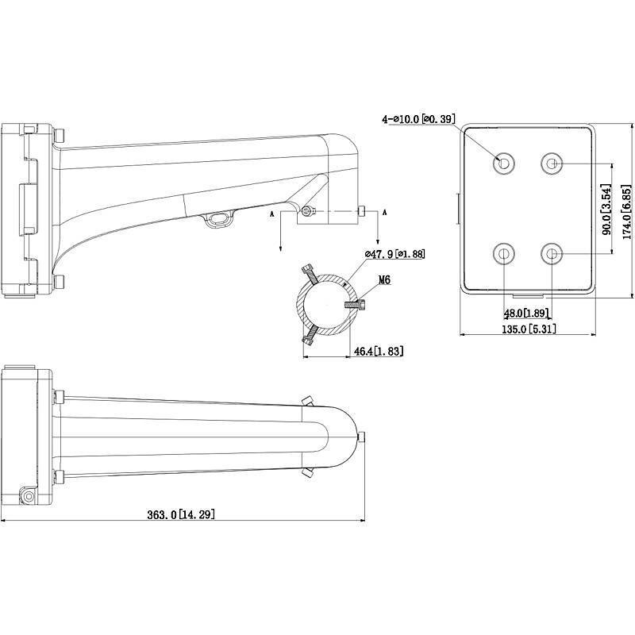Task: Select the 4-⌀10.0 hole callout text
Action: pyautogui.click(x=420, y=119)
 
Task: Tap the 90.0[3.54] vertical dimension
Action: pyautogui.click(x=606, y=210)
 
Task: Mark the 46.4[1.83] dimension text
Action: pyautogui.click(x=380, y=350)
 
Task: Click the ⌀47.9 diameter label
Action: pyautogui.click(x=394, y=254)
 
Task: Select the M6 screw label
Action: pyautogui.click(x=385, y=280)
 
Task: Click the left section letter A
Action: pyautogui.click(x=273, y=214)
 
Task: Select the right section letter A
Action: pyautogui.click(x=385, y=213)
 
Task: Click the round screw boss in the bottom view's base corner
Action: pyautogui.click(x=29, y=496)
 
